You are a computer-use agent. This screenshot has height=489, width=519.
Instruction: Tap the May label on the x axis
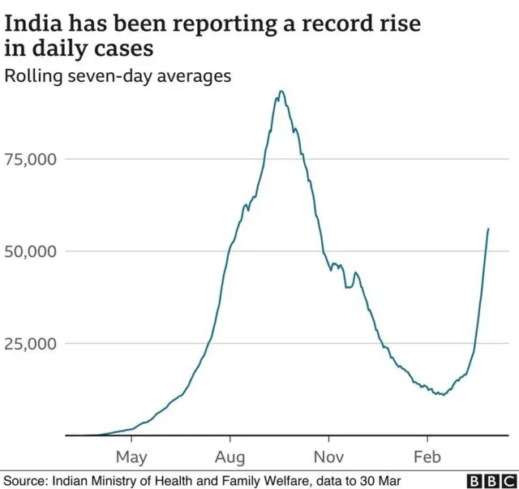(131, 457)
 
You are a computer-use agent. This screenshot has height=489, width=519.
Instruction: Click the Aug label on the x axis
(231, 457)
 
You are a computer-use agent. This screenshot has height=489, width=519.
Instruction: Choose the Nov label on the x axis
(329, 457)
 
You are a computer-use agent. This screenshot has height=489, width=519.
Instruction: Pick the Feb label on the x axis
(427, 457)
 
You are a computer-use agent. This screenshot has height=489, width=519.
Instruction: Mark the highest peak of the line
(281, 91)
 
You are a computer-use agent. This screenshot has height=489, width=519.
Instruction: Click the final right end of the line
(488, 229)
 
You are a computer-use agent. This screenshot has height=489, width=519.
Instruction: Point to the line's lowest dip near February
(440, 394)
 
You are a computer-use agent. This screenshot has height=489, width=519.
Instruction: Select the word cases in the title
(122, 49)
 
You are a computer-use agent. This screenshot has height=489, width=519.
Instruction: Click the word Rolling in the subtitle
(31, 77)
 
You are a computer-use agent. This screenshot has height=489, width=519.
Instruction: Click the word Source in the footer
(25, 481)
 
